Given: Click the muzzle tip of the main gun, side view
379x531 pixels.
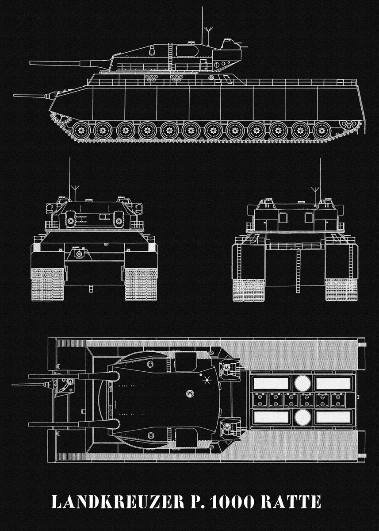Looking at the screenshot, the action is point(31,63).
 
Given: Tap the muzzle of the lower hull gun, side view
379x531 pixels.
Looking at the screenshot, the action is point(14,96).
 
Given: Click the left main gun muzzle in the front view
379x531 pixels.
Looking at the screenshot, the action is point(71,221).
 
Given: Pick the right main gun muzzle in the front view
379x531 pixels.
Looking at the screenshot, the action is point(118,221).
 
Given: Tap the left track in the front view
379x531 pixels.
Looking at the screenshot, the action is point(48,284).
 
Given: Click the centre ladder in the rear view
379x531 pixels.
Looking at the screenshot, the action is point(298,271).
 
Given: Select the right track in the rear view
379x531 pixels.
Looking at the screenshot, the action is point(341,290).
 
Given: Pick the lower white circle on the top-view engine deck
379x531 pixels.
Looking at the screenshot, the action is point(302,417).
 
